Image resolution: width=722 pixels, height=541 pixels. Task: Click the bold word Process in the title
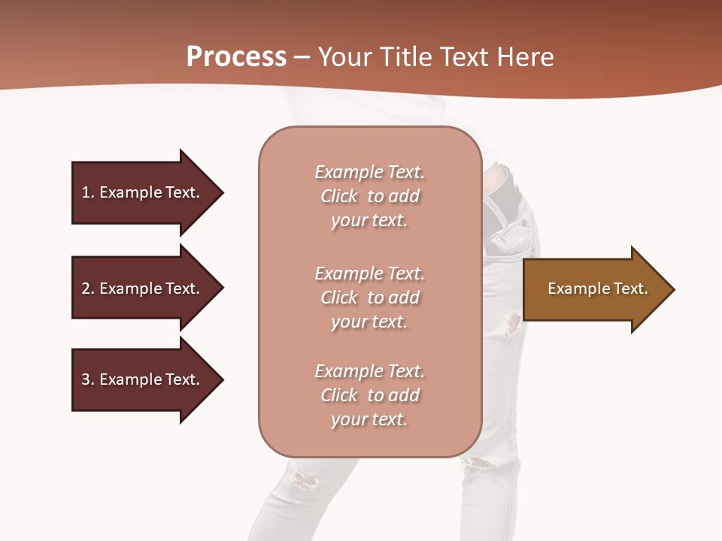pos(236,57)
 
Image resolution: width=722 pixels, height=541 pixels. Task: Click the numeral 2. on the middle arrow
pos(88,289)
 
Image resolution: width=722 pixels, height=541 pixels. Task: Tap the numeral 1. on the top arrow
pos(88,192)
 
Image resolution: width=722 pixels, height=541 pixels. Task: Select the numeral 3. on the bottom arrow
pos(88,379)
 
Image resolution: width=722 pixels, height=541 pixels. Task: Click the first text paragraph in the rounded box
pos(369,196)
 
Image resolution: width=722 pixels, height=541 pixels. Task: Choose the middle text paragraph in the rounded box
pos(369,298)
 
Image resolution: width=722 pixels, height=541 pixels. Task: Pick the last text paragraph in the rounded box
pos(369,395)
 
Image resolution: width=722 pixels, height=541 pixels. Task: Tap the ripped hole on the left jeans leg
pos(305,477)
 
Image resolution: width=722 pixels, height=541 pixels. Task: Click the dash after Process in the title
pos(302,57)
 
